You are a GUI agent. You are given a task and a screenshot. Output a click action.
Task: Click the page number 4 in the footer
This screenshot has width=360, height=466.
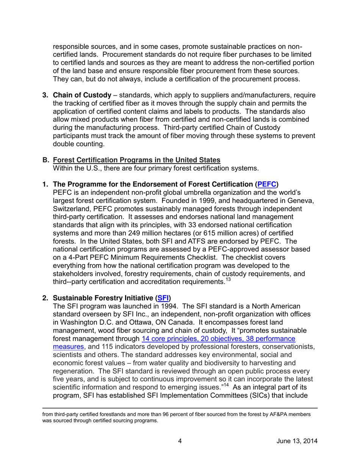(x=180, y=441)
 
